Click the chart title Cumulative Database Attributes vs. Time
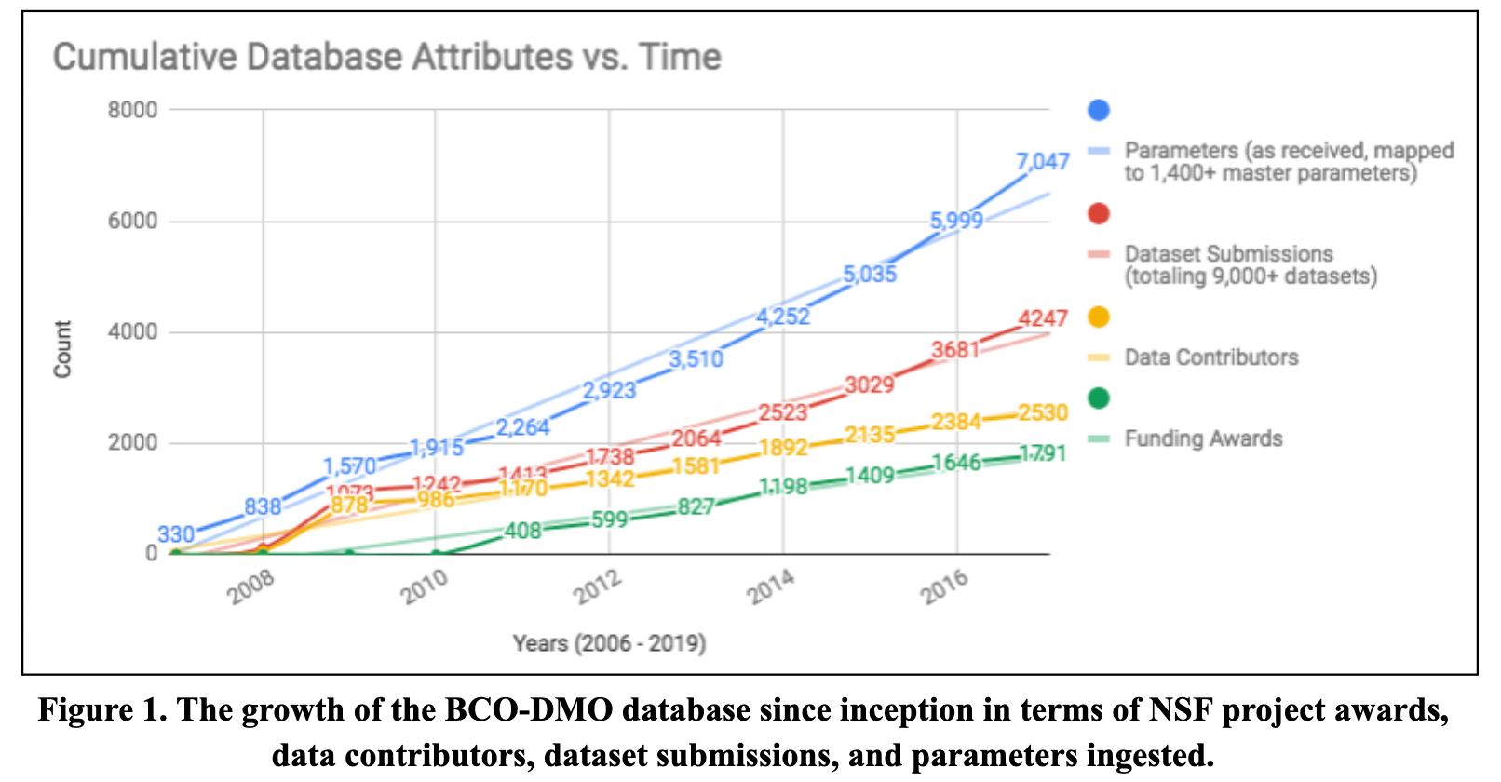pyautogui.click(x=386, y=58)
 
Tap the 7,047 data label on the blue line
pyautogui.click(x=1042, y=162)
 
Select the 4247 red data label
pyautogui.click(x=1042, y=319)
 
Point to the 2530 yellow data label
pyautogui.click(x=1042, y=412)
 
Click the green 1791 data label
pyautogui.click(x=1042, y=453)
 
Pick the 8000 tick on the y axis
pyautogui.click(x=133, y=110)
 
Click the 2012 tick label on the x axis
pyautogui.click(x=597, y=587)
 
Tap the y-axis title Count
pyautogui.click(x=62, y=349)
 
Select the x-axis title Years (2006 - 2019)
pyautogui.click(x=609, y=643)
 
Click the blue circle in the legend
pyautogui.click(x=1099, y=110)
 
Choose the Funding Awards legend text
pyautogui.click(x=1203, y=438)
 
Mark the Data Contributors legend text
pyautogui.click(x=1210, y=357)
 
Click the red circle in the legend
pyautogui.click(x=1099, y=214)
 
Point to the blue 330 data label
pyautogui.click(x=176, y=534)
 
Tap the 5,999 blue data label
pyautogui.click(x=956, y=221)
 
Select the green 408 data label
pyautogui.click(x=522, y=531)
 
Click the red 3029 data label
pyautogui.click(x=870, y=384)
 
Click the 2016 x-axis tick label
pyautogui.click(x=945, y=587)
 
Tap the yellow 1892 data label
pyautogui.click(x=783, y=448)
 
